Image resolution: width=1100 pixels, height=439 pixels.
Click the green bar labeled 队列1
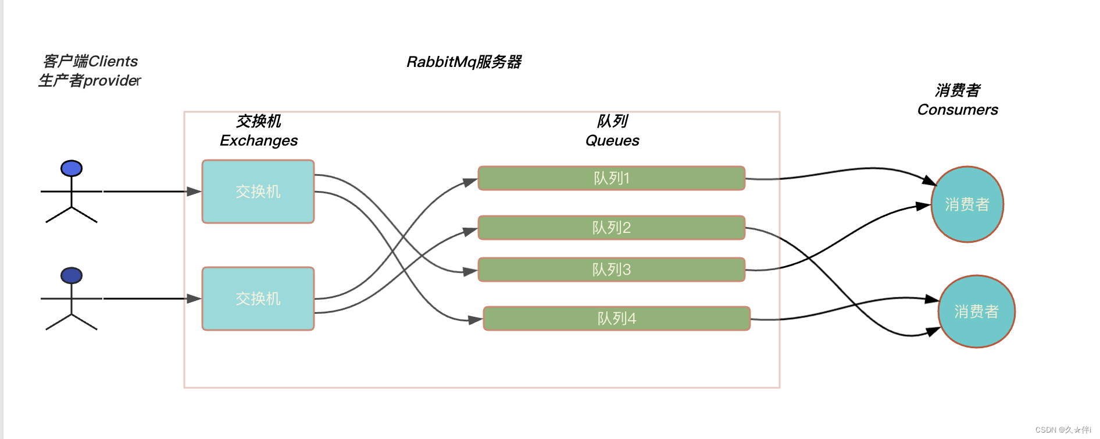(x=611, y=178)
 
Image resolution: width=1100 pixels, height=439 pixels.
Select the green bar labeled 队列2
(x=611, y=228)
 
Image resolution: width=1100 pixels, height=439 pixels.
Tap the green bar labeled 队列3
(x=611, y=270)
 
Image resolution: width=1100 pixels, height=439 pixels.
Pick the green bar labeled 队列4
(x=616, y=318)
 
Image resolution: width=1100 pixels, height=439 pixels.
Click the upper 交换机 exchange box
(x=258, y=192)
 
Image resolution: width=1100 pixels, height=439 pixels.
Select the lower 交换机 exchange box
(x=258, y=299)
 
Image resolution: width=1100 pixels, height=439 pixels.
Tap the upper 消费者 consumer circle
(x=967, y=204)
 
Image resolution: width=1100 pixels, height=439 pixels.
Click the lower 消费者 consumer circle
(x=976, y=311)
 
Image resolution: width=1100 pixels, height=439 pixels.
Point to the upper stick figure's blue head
(x=72, y=168)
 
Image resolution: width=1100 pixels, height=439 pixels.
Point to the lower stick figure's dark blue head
(x=72, y=275)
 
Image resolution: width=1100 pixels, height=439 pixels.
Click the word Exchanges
(x=259, y=140)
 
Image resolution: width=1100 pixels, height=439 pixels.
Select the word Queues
(x=612, y=140)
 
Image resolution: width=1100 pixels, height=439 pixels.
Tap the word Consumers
(x=958, y=109)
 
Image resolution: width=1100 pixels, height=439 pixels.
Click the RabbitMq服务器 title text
(x=463, y=62)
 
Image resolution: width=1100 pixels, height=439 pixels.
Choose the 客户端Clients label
(x=90, y=61)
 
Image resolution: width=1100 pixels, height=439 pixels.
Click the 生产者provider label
(x=90, y=80)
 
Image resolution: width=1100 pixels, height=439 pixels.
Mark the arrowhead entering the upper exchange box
(x=194, y=192)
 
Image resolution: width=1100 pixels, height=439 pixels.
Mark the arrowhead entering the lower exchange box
(x=194, y=299)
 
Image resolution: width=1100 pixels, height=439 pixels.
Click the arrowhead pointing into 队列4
(x=476, y=320)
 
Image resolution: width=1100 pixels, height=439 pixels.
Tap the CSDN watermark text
(x=1063, y=430)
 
